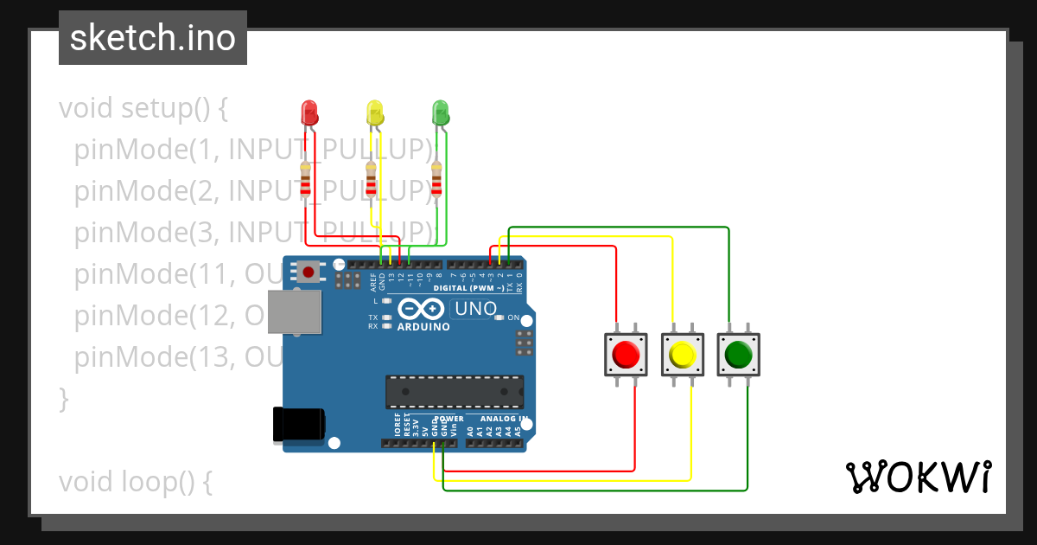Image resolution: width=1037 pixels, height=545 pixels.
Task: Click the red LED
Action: pyautogui.click(x=309, y=112)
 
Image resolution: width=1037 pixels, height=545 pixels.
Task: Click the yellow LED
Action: pyautogui.click(x=374, y=112)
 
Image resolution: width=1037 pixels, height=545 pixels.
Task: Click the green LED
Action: pyautogui.click(x=440, y=112)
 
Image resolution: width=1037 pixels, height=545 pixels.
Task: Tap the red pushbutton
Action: pyautogui.click(x=625, y=354)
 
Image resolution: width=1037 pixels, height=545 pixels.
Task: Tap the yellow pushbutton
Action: pyautogui.click(x=682, y=354)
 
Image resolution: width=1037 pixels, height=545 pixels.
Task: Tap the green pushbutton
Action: pyautogui.click(x=738, y=354)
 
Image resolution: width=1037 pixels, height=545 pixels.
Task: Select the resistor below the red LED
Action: pyautogui.click(x=305, y=181)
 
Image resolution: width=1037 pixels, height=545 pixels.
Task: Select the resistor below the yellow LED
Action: pyautogui.click(x=371, y=181)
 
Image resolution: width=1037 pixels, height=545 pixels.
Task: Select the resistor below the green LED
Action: pyautogui.click(x=436, y=181)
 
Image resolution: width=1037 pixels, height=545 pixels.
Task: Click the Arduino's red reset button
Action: pyautogui.click(x=309, y=272)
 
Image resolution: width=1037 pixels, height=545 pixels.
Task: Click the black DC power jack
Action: pyautogui.click(x=298, y=423)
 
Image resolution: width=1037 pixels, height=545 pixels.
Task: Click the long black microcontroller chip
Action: pyautogui.click(x=455, y=391)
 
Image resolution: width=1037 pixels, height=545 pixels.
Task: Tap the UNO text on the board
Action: pyautogui.click(x=475, y=309)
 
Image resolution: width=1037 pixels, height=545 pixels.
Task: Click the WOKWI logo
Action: pyautogui.click(x=918, y=477)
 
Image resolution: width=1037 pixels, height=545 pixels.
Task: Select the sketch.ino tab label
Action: pyautogui.click(x=153, y=38)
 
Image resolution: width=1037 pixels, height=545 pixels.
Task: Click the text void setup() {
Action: pyautogui.click(x=143, y=109)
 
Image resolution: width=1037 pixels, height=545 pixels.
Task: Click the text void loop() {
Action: pyautogui.click(x=135, y=482)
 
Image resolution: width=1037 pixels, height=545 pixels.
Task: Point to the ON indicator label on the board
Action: pyautogui.click(x=513, y=317)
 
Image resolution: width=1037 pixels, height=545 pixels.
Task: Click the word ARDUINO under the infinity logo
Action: pyautogui.click(x=423, y=327)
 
